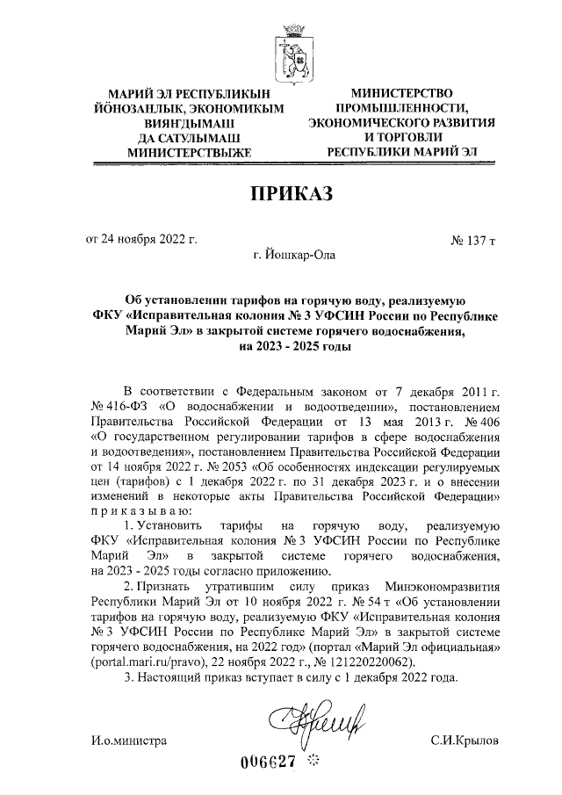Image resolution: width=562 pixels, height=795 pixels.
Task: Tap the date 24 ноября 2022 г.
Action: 140,238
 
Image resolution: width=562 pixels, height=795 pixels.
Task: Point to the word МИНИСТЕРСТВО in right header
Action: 401,93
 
